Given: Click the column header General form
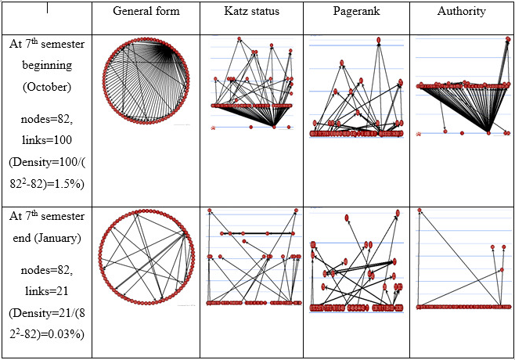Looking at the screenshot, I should (x=146, y=12).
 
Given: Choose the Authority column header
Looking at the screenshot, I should (x=462, y=12).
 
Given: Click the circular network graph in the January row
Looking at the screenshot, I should (x=146, y=259).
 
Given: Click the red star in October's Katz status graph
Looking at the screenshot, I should (x=213, y=127).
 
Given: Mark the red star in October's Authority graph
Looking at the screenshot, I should (x=420, y=133).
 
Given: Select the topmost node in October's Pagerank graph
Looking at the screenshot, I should (x=379, y=39).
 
